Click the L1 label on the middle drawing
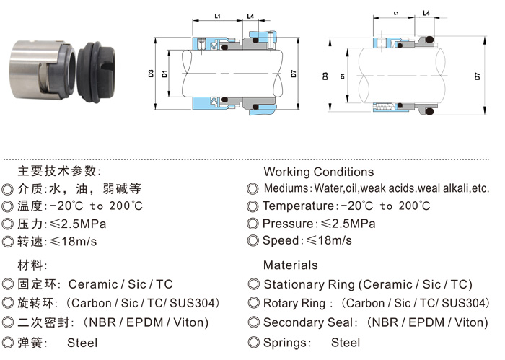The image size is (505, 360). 217,16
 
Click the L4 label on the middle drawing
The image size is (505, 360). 250,16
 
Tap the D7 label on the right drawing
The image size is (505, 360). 477,76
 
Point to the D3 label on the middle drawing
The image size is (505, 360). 151,74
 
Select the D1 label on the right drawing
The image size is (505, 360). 343,76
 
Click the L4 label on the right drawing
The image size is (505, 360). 426,13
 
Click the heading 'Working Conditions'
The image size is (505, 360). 319,172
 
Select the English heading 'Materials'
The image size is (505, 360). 291,265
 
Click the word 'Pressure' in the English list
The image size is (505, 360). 288,224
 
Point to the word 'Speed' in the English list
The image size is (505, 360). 281,241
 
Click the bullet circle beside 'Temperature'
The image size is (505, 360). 252,206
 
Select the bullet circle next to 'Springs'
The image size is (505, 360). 253,342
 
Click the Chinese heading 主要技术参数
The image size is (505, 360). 57,171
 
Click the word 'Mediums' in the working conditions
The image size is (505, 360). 286,188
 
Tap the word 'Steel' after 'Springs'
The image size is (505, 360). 346,343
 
